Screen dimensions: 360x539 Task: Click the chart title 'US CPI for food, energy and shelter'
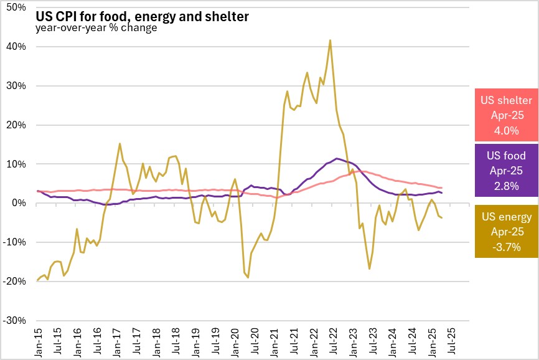[142, 16]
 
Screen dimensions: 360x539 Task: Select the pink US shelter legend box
[505, 115]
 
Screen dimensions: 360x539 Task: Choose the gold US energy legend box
[505, 231]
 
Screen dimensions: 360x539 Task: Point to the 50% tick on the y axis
[15, 7]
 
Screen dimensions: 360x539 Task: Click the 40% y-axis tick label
[15, 47]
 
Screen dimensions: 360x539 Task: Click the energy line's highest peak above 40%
[330, 40]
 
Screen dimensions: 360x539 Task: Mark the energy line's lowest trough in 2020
[248, 277]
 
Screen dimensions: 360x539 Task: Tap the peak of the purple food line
[337, 158]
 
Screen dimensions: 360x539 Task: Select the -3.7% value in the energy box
[505, 246]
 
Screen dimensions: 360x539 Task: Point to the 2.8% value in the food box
[505, 185]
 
